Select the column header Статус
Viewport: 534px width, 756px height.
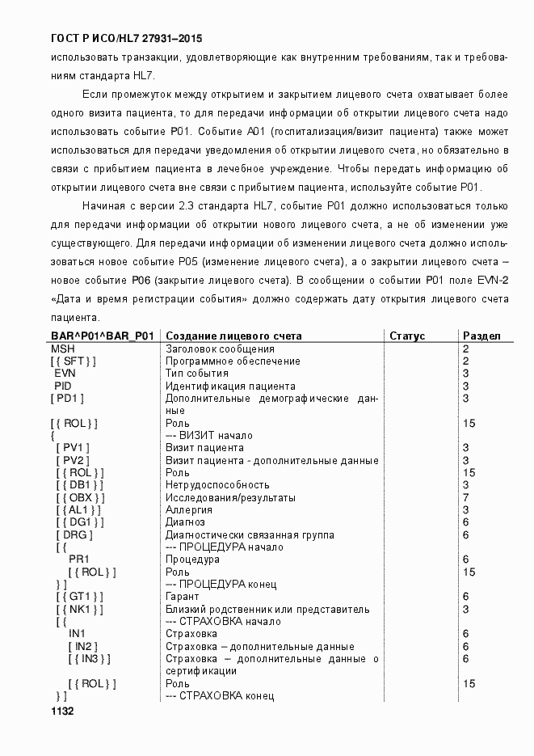(x=407, y=336)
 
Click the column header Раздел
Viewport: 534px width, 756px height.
(x=481, y=336)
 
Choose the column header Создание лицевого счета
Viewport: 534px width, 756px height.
(x=233, y=336)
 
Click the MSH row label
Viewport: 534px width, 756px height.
(x=63, y=348)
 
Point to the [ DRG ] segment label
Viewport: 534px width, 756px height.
(x=74, y=534)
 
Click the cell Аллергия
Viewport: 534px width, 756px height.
(x=189, y=510)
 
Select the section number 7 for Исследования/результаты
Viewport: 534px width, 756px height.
(x=466, y=497)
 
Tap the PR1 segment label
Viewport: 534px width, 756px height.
(x=78, y=560)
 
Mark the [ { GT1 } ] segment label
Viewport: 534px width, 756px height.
(x=80, y=597)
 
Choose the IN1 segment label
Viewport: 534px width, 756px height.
(x=78, y=634)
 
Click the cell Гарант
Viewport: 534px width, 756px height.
(x=182, y=597)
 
